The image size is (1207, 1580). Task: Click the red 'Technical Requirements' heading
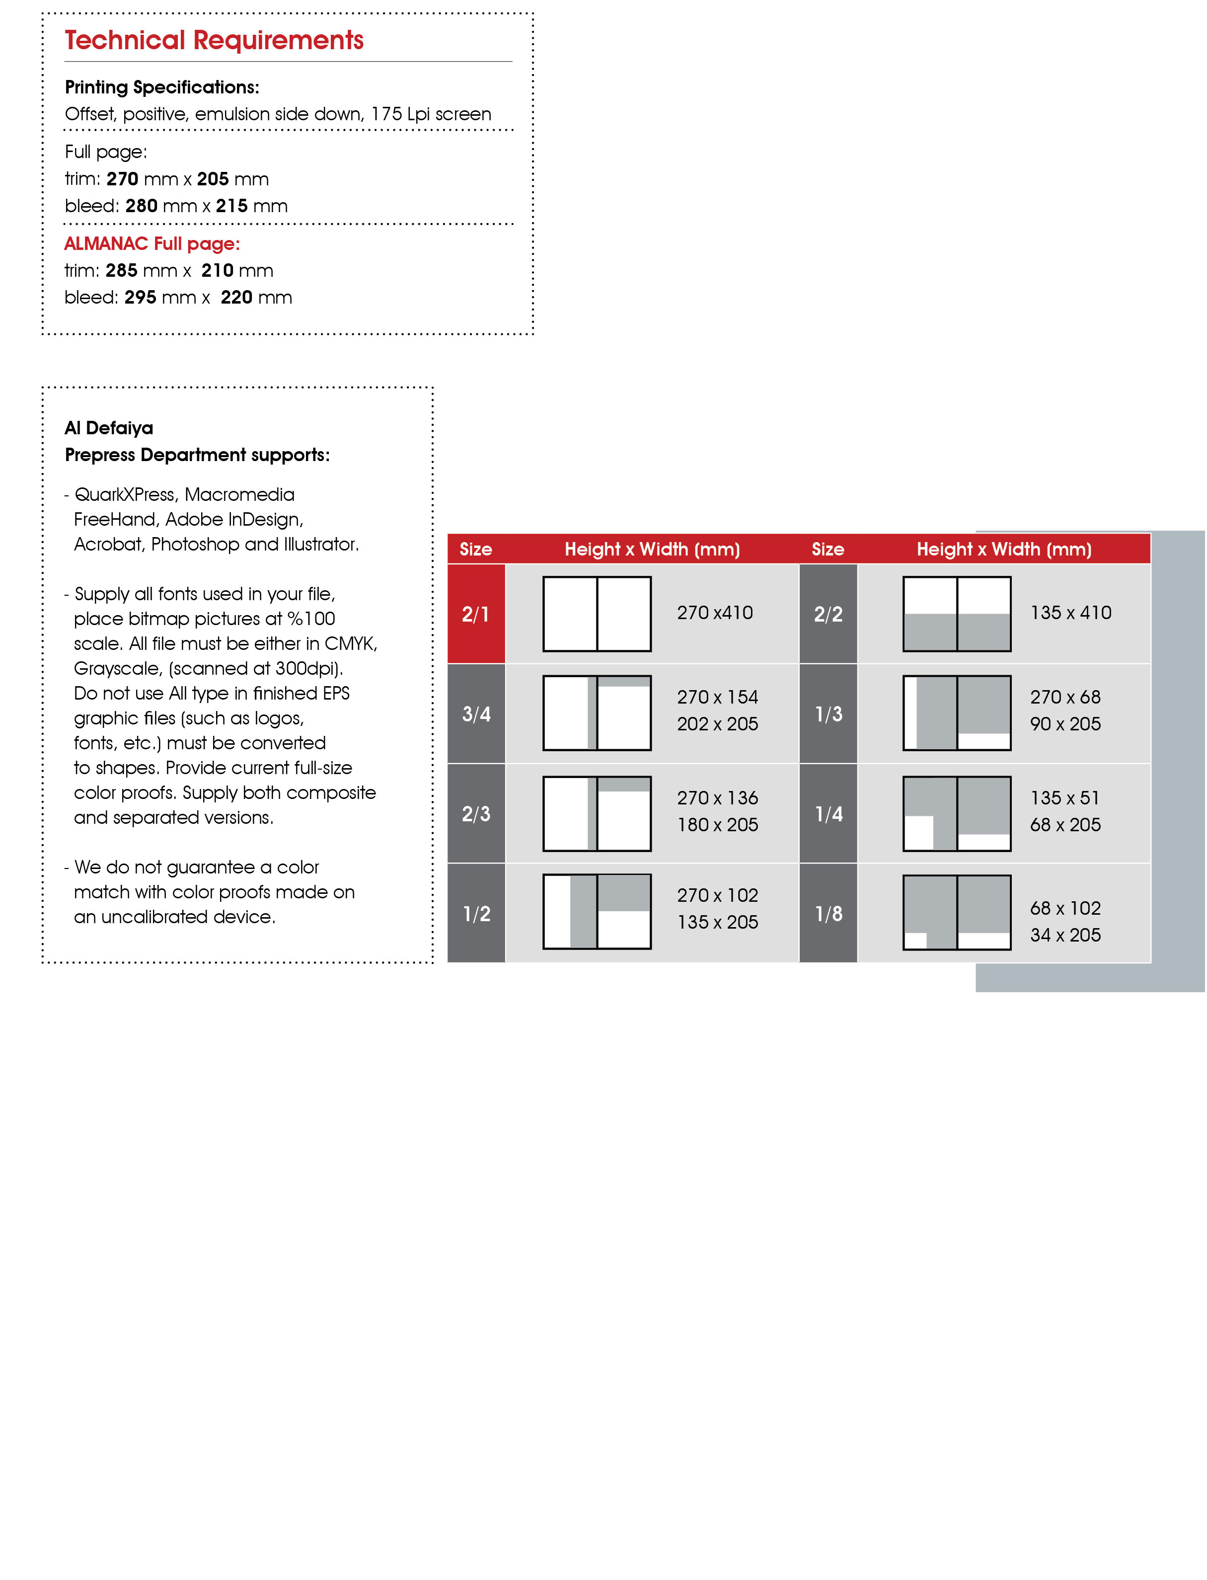click(x=214, y=40)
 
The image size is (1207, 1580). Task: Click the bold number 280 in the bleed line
click(x=142, y=206)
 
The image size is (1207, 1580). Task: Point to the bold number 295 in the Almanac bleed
click(x=140, y=298)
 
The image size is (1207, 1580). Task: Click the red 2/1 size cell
click(x=476, y=614)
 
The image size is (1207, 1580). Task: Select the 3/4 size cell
click(x=476, y=714)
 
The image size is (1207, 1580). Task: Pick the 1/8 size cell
click(x=829, y=914)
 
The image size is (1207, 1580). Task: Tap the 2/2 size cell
click(x=829, y=614)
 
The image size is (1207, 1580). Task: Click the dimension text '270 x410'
click(x=715, y=613)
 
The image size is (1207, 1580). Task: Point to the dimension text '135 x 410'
click(x=1070, y=613)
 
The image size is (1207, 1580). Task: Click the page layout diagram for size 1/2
click(x=597, y=912)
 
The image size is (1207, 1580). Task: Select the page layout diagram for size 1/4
click(x=957, y=813)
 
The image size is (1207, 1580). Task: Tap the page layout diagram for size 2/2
click(x=957, y=614)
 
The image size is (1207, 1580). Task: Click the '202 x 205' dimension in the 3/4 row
click(x=717, y=724)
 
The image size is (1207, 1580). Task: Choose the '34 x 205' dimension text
click(x=1065, y=936)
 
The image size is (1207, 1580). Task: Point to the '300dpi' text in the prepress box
click(x=307, y=669)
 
